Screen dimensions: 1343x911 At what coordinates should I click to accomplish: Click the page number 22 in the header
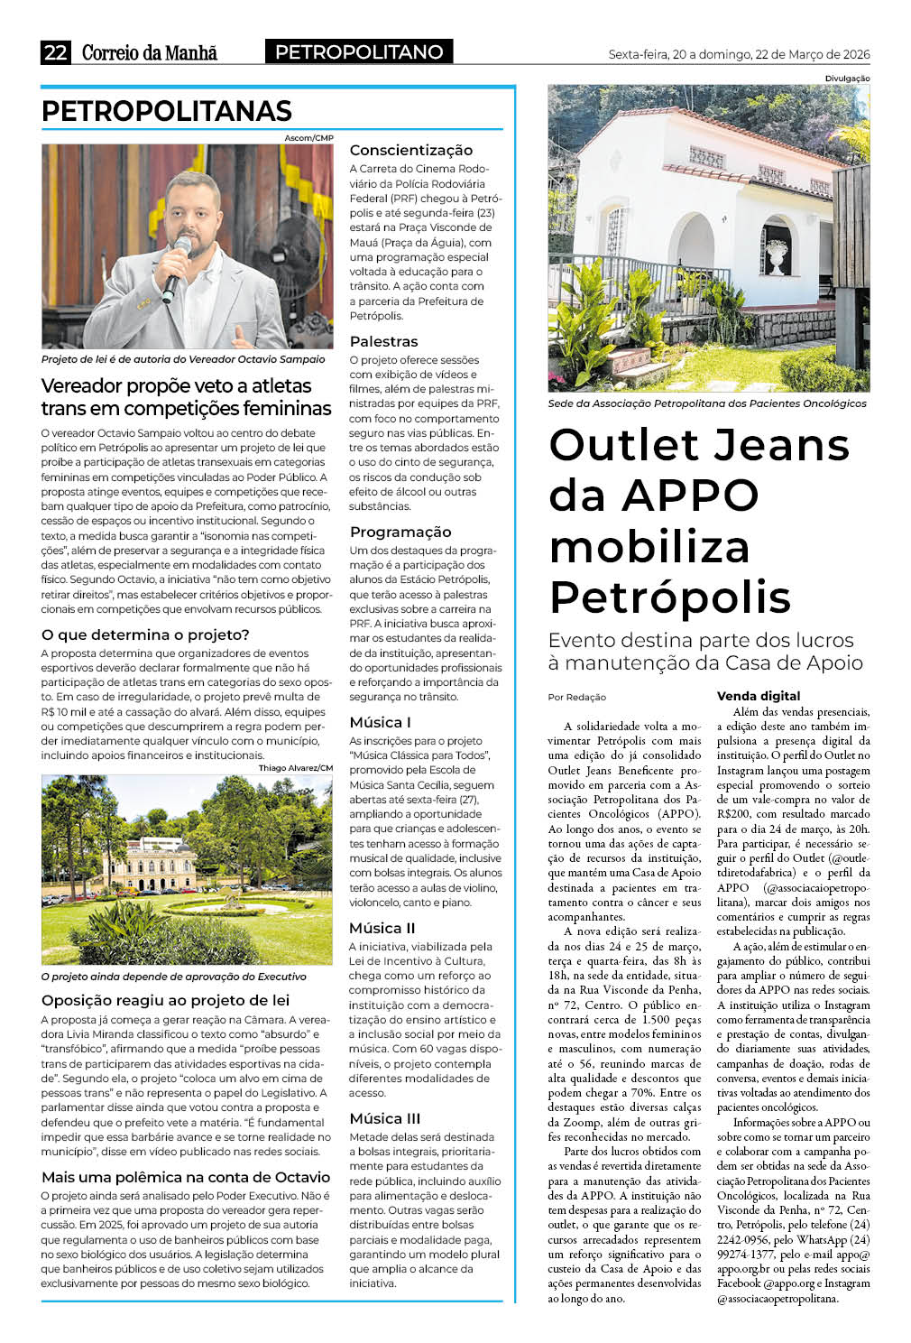pos(55,52)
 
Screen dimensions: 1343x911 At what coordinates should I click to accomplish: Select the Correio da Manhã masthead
pos(150,52)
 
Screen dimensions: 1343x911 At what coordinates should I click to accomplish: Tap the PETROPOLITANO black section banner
pos(359,52)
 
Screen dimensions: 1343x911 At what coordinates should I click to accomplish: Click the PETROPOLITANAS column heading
pos(167,111)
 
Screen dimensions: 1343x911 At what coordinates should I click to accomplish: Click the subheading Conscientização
pos(410,150)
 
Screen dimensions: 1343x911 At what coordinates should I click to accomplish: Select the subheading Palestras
pos(383,341)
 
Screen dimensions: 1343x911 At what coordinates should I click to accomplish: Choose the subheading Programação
pos(400,532)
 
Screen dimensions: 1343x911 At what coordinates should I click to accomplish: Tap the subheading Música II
pos(382,928)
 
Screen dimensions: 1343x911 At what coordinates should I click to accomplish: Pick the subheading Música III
pos(385,1118)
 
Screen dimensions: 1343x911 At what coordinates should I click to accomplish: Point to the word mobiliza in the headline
pos(649,547)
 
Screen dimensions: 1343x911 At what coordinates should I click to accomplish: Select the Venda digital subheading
pos(759,696)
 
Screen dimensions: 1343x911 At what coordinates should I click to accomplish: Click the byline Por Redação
pos(577,697)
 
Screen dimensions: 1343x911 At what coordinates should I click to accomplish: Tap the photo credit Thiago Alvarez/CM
pos(295,768)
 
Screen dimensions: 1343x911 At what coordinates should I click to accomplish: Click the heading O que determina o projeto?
pos(145,634)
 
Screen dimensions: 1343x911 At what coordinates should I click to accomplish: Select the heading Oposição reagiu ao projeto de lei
pos(165,1000)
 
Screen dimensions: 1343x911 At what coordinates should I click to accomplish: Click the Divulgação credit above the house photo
pos(847,79)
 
